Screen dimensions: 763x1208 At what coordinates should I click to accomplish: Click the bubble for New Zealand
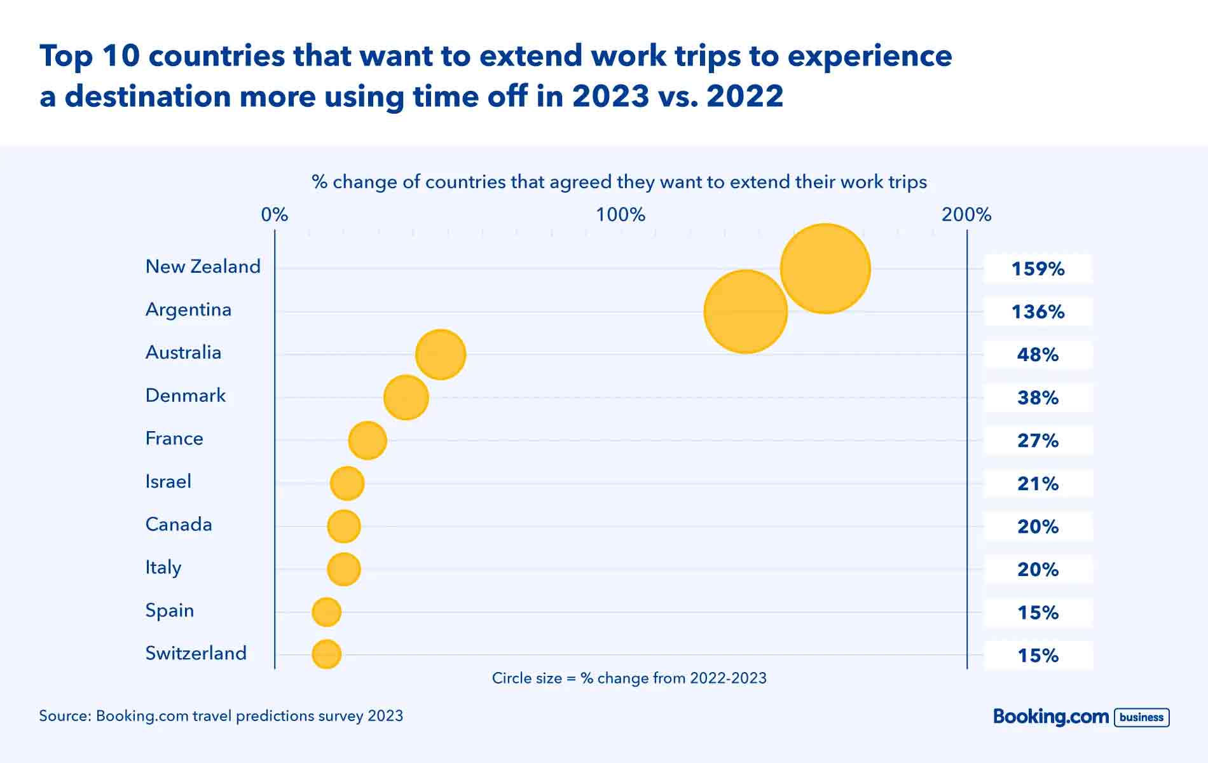(x=825, y=268)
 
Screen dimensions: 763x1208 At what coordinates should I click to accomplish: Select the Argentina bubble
(x=745, y=312)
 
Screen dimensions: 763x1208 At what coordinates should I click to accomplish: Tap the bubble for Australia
(x=441, y=354)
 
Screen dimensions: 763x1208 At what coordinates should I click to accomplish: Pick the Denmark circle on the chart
(x=406, y=397)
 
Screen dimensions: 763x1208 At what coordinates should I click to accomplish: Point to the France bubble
(x=367, y=440)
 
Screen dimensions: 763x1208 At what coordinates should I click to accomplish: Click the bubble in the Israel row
(x=347, y=483)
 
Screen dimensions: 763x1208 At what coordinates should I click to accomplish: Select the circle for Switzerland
(x=326, y=654)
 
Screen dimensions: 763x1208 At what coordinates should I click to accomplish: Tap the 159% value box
(x=1038, y=269)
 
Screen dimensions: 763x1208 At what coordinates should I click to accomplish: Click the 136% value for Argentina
(x=1038, y=312)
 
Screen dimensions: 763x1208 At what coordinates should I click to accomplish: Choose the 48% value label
(x=1038, y=354)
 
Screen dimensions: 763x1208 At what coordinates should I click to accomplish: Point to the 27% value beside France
(x=1038, y=440)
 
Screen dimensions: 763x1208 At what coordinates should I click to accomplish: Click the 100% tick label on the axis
(x=621, y=215)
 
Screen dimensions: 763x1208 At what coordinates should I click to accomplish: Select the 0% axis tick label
(x=275, y=215)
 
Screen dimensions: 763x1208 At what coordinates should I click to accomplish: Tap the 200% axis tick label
(x=966, y=215)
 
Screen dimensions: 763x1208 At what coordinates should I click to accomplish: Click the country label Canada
(x=179, y=525)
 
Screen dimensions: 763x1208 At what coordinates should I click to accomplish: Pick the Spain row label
(x=170, y=610)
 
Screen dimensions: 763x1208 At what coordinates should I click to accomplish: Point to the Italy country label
(x=163, y=567)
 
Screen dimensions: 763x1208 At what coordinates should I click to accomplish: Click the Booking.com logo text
(x=1050, y=717)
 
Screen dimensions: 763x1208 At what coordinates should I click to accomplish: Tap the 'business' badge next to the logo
(x=1141, y=717)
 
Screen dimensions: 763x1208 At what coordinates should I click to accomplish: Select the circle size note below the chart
(x=629, y=678)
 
